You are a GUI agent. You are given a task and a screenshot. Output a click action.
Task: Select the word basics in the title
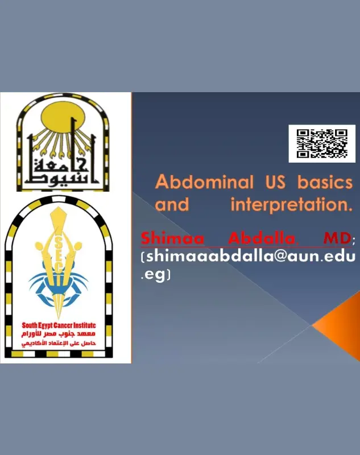pos(328,183)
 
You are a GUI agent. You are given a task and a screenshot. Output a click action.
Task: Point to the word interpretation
pos(291,205)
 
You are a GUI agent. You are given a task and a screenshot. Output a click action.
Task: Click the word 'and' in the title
pos(172,205)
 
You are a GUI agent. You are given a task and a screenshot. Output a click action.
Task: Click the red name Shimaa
pos(165,237)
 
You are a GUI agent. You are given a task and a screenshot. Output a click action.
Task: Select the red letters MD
pos(336,237)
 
